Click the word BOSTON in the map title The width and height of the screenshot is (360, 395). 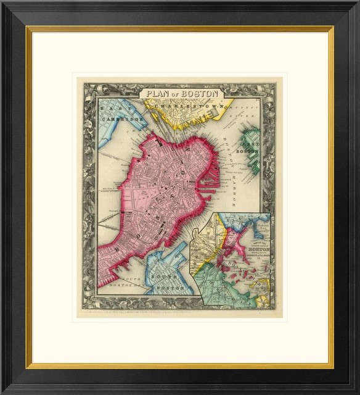tap(204, 94)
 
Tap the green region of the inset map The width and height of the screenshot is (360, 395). tap(222, 284)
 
